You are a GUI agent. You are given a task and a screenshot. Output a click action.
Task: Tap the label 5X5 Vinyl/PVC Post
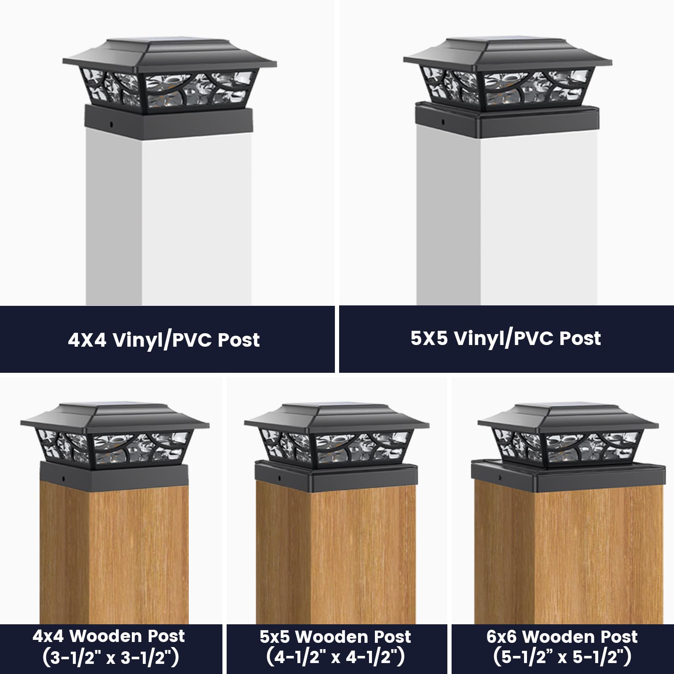click(x=505, y=339)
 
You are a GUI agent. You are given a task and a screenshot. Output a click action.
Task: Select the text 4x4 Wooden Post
click(x=109, y=637)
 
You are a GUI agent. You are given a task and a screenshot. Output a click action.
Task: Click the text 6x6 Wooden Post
click(x=562, y=637)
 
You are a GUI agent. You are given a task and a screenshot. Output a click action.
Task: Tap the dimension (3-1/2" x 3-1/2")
click(x=110, y=658)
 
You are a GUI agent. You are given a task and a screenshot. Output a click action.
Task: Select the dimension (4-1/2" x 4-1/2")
click(x=335, y=658)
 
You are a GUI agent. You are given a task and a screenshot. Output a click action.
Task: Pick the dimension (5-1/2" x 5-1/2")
click(x=562, y=658)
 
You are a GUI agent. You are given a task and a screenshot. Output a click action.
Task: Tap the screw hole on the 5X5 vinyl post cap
click(x=443, y=122)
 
